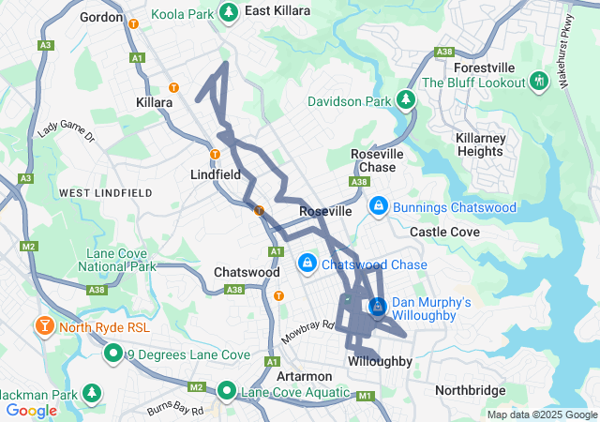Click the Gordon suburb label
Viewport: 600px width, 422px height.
(x=102, y=17)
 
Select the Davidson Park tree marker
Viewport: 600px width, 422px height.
(x=405, y=98)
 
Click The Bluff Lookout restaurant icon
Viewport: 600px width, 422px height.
(x=538, y=82)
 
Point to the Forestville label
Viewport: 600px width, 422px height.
(x=485, y=68)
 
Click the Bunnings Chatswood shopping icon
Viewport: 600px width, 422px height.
(x=378, y=205)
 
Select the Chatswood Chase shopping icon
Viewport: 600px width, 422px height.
(x=307, y=264)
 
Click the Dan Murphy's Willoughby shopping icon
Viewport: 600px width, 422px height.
(x=377, y=307)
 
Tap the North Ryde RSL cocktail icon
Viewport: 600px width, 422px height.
(x=43, y=327)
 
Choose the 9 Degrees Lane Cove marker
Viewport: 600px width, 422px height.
(x=113, y=354)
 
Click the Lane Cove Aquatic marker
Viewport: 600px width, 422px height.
(x=228, y=391)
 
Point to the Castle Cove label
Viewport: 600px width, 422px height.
(x=444, y=232)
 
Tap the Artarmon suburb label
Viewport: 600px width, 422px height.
(x=301, y=375)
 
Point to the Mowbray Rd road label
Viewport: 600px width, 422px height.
(x=307, y=330)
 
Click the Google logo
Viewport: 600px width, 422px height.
(x=31, y=410)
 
